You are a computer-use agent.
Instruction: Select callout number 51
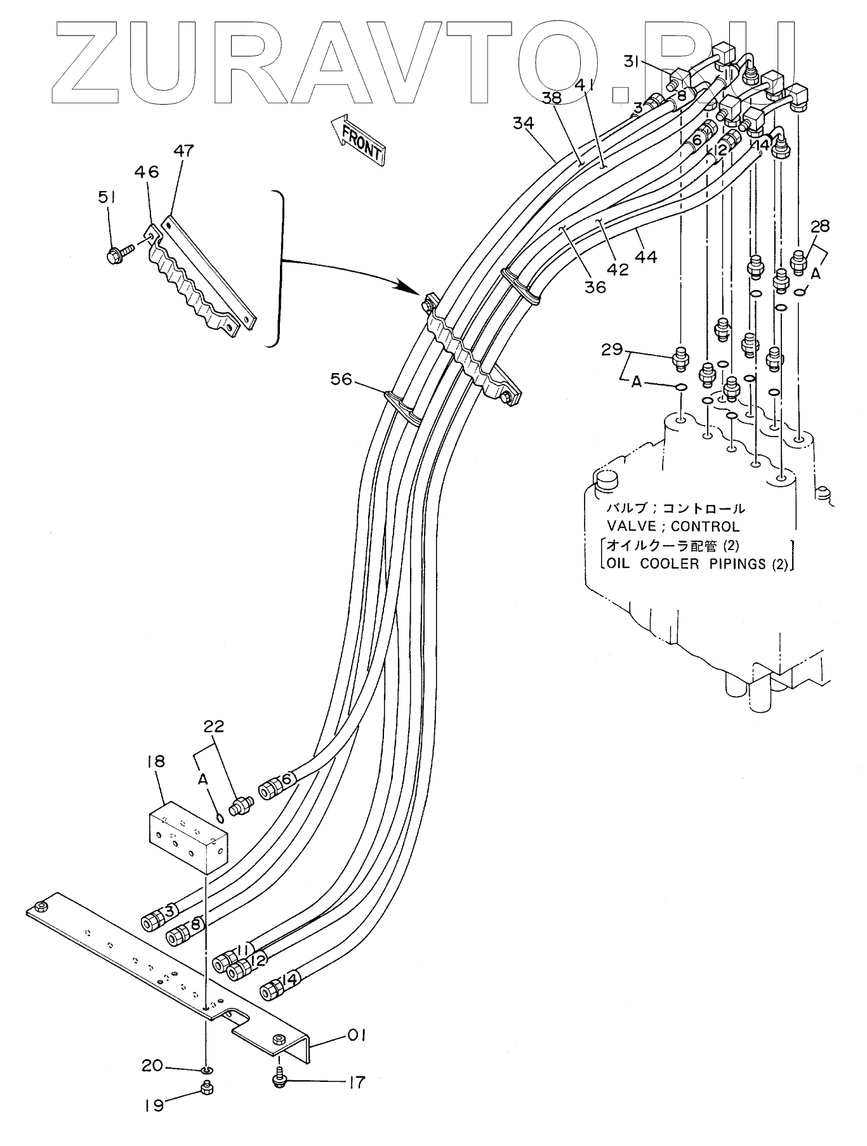(107, 198)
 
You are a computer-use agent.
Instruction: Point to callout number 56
(341, 379)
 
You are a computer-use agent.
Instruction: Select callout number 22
(214, 727)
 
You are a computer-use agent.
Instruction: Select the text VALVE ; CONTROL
(673, 527)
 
